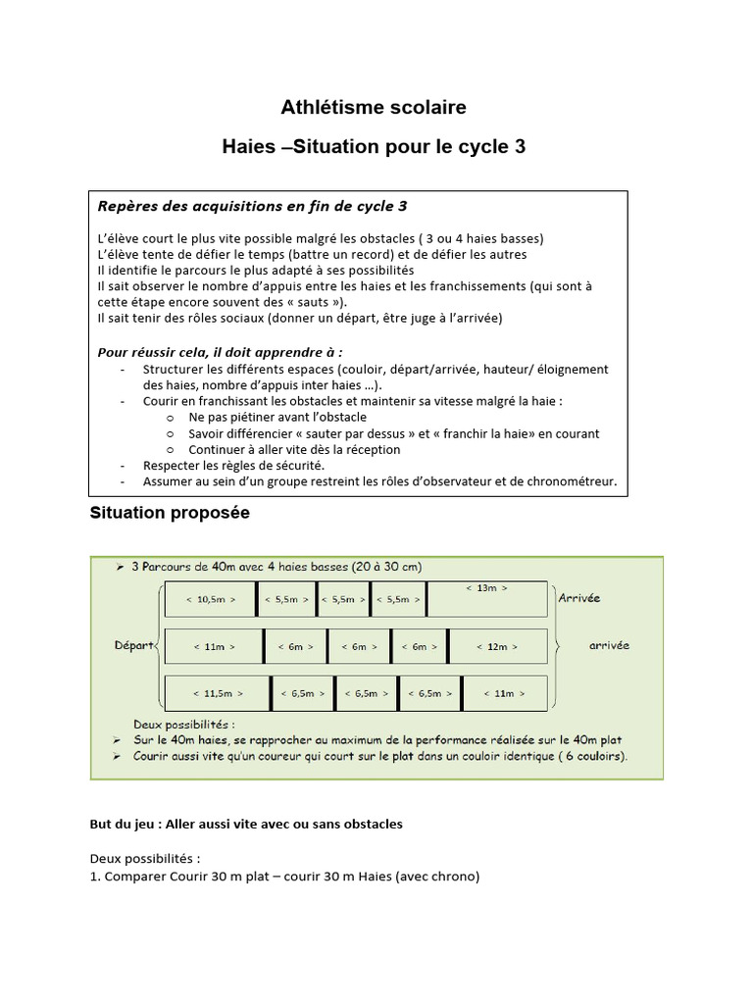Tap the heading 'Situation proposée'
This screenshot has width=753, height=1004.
click(170, 513)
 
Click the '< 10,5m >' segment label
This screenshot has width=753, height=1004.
click(210, 598)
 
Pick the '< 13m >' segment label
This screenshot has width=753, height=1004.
click(487, 588)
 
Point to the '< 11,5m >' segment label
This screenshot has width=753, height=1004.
click(217, 693)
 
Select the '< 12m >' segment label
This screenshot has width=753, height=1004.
click(497, 646)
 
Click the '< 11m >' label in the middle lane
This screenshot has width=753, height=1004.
click(214, 646)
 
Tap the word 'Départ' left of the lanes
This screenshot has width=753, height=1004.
click(133, 645)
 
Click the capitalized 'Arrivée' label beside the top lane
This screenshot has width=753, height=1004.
click(578, 598)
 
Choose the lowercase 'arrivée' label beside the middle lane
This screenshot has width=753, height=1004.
click(609, 645)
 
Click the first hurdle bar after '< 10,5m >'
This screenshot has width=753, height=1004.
click(257, 598)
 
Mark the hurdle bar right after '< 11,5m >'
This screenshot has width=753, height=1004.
click(271, 693)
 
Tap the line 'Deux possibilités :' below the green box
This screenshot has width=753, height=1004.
click(144, 858)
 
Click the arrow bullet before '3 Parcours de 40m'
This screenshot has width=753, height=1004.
click(119, 567)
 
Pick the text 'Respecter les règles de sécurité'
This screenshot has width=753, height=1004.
click(233, 465)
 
